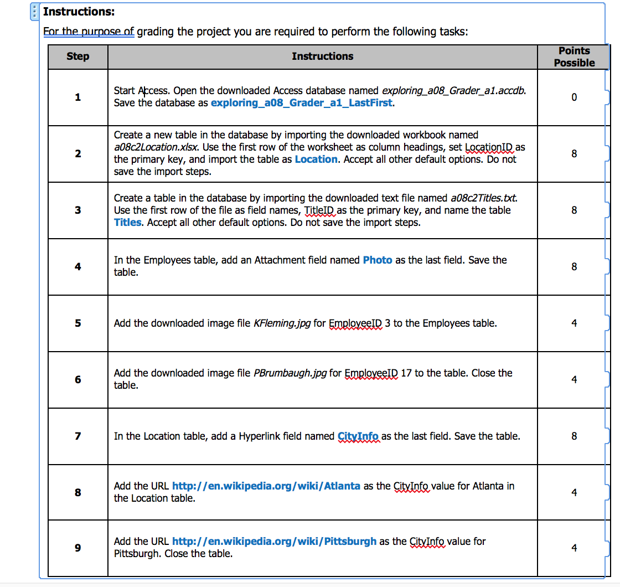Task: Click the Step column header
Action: point(77,56)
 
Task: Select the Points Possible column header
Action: point(574,56)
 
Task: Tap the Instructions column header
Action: point(322,56)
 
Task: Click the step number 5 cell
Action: point(77,323)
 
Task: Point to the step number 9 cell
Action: point(77,548)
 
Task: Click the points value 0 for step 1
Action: point(574,97)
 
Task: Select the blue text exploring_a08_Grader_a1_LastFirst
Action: point(302,103)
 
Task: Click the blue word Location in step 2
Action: point(316,159)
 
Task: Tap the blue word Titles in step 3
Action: point(128,223)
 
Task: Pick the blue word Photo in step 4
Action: point(378,260)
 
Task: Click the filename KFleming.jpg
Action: point(282,323)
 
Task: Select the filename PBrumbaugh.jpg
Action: point(290,373)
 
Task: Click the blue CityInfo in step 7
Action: point(358,436)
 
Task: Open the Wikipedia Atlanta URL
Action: point(266,486)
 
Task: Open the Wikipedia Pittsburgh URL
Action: point(274,542)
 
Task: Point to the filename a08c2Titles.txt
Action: point(484,198)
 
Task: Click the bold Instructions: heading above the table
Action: point(79,12)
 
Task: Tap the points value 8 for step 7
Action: point(574,436)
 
